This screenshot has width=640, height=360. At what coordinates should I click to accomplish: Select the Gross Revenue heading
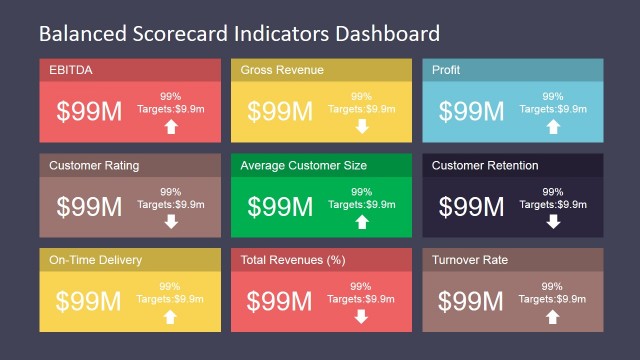click(281, 70)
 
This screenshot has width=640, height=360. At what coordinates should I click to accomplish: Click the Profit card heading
click(446, 70)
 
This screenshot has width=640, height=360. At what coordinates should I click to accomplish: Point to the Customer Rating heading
click(94, 165)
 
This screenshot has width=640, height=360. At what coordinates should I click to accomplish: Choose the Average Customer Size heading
click(304, 165)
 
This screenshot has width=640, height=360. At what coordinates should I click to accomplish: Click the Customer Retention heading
click(485, 165)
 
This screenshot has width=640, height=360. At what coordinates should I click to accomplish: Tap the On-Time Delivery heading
click(95, 260)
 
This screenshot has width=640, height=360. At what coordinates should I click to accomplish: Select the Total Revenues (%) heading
click(293, 260)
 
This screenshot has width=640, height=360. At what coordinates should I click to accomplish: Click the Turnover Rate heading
click(470, 260)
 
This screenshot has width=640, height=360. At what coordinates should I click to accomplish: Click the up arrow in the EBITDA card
click(171, 127)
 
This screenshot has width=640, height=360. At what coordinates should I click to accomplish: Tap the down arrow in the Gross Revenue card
click(362, 127)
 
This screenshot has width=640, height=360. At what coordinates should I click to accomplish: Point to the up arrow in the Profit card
click(553, 127)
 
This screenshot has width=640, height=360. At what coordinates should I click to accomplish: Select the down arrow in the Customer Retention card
click(553, 222)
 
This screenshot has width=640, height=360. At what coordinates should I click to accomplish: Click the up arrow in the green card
click(362, 222)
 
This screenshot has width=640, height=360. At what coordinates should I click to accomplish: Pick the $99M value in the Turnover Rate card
click(471, 301)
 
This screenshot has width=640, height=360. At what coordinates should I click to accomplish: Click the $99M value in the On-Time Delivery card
click(88, 301)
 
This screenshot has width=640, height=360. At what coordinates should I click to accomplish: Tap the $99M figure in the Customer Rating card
click(89, 206)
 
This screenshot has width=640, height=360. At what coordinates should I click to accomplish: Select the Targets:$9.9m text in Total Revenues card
click(361, 299)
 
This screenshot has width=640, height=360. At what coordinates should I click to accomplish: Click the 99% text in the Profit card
click(553, 97)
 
